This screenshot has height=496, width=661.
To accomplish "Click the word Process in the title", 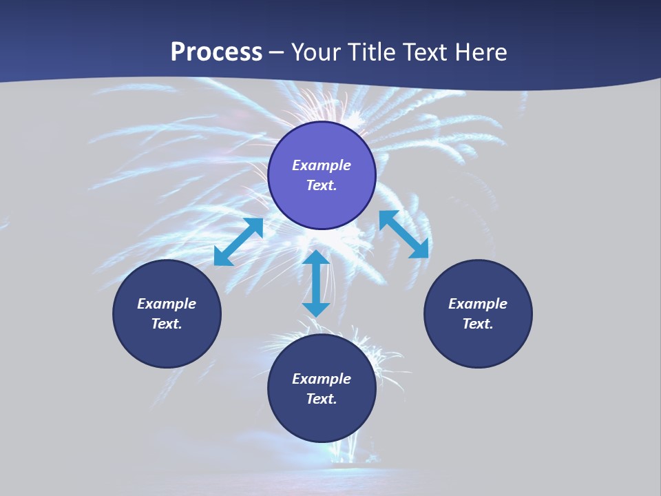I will point(216,52).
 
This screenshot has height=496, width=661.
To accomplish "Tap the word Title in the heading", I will point(375,52).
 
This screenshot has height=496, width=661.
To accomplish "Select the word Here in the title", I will point(482,52).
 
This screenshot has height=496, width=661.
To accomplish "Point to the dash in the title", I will point(277,54).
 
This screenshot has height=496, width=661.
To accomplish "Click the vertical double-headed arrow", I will point(316,284).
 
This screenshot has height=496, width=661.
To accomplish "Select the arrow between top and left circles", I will point(239,242).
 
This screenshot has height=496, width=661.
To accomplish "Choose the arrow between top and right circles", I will point(404,234).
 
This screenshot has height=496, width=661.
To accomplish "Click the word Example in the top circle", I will point(322,165).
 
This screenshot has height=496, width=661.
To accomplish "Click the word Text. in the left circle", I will point(167,324).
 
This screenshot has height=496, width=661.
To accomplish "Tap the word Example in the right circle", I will point(478,304).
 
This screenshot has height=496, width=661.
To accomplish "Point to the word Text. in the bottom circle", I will point(322,399).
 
